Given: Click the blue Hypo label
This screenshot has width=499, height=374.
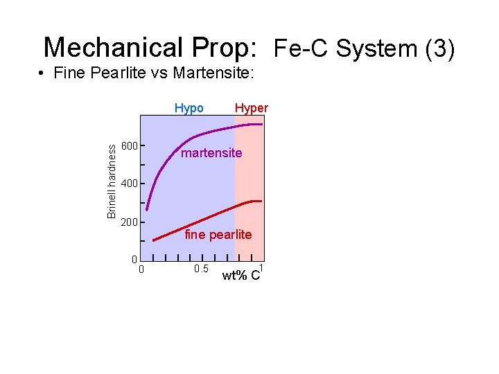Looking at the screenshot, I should (189, 108).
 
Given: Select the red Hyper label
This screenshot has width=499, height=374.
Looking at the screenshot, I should (252, 108).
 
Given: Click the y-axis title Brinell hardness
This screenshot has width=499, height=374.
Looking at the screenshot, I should (112, 178).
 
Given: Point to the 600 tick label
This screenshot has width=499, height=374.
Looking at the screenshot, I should (130, 146).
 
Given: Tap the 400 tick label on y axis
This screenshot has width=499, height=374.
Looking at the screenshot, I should (130, 184).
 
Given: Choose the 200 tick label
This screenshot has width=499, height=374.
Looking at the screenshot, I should (130, 223).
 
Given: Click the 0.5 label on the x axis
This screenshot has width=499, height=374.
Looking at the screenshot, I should (201, 269).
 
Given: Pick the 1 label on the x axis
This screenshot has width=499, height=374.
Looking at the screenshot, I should (261, 267).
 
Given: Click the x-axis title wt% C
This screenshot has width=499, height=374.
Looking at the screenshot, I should (241, 276).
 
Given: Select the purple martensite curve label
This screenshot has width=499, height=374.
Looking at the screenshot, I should (211, 153).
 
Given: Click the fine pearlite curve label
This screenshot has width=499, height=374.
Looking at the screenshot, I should (218, 235).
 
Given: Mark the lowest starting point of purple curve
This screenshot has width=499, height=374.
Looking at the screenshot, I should (147, 210).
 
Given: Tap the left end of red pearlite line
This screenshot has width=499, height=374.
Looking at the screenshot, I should (154, 240).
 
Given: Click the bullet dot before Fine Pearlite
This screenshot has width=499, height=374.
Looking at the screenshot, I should (43, 73).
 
